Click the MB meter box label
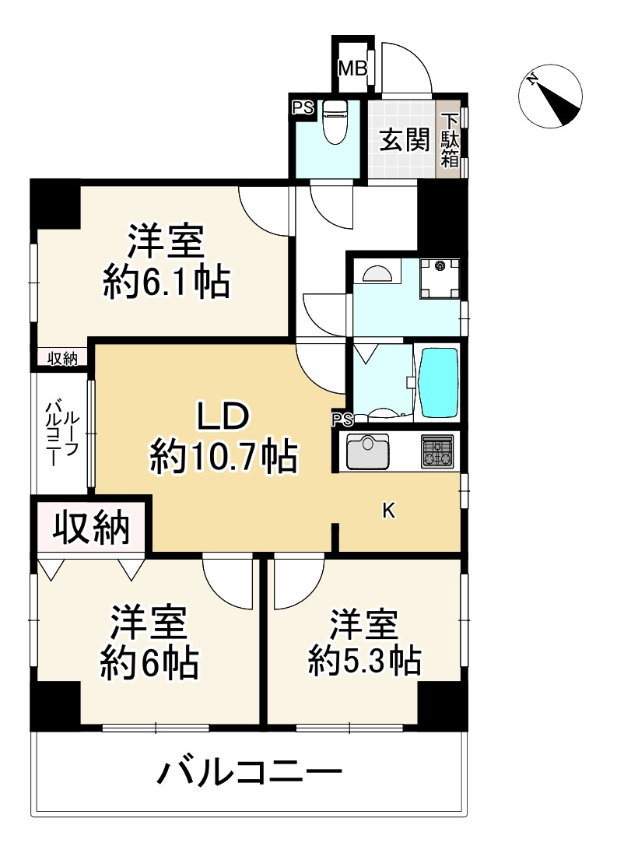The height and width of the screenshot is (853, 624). (x=352, y=68)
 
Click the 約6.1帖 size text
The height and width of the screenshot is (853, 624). (x=167, y=284)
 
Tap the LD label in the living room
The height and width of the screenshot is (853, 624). (x=222, y=417)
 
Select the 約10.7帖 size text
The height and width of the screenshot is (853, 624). (x=223, y=457)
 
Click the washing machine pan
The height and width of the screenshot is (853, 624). (x=440, y=279)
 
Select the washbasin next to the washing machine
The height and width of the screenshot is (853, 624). (x=377, y=273)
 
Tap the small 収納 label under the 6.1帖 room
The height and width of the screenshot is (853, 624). (x=63, y=357)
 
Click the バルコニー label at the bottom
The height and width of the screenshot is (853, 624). (x=250, y=773)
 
